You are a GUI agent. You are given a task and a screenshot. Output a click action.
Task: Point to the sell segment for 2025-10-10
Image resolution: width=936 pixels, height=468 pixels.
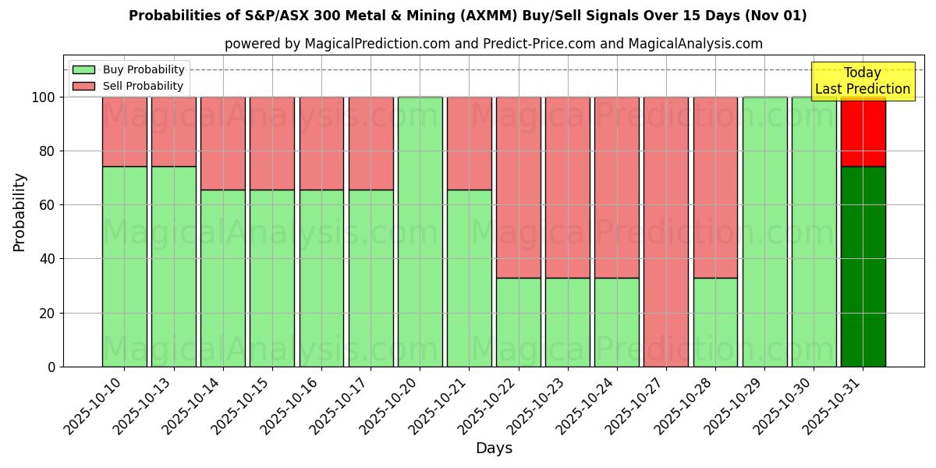pyautogui.click(x=124, y=132)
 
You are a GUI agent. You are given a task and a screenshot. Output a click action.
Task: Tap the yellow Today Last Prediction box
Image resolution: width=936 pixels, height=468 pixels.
pyautogui.click(x=863, y=81)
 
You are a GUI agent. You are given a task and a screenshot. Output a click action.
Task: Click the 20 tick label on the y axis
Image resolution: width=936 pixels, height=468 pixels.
pyautogui.click(x=48, y=314)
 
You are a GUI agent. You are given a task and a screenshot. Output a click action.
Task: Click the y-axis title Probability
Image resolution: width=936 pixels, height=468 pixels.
pyautogui.click(x=20, y=212)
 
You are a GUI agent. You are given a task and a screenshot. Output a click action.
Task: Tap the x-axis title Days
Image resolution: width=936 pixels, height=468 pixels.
pyautogui.click(x=494, y=448)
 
